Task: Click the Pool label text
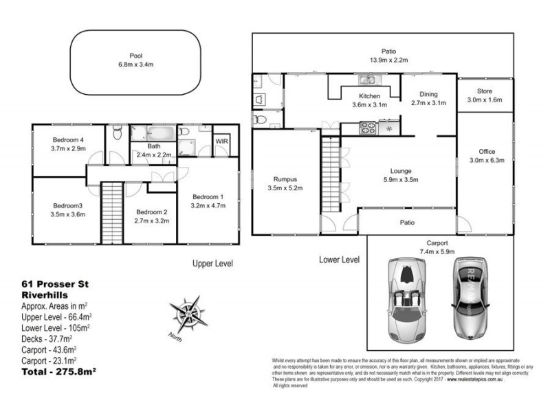[136, 56]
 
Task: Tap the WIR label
[222, 141]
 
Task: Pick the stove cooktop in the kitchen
[368, 127]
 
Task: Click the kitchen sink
[364, 80]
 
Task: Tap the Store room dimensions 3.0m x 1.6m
[485, 100]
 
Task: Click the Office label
[487, 152]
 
